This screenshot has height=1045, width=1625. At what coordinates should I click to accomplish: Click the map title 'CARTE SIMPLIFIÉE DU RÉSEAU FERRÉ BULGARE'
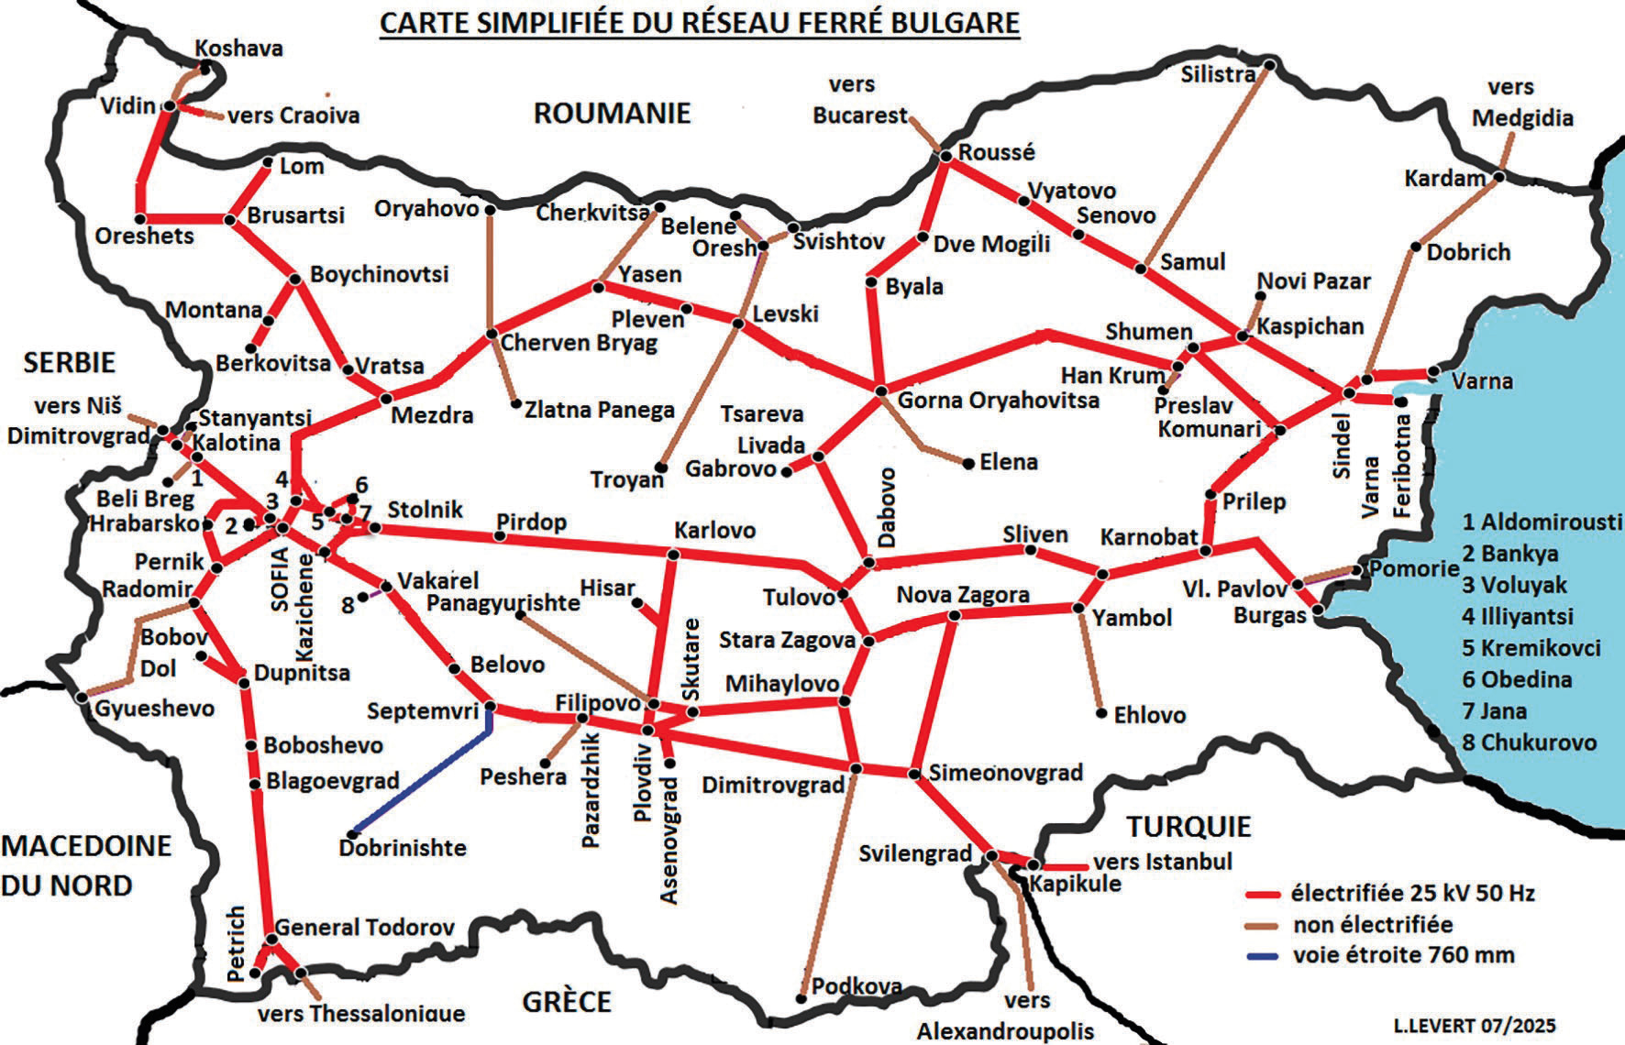699,22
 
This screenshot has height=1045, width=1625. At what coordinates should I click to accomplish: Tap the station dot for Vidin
169,106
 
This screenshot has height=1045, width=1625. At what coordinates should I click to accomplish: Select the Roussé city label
996,152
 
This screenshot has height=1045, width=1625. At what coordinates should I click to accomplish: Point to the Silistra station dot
1269,64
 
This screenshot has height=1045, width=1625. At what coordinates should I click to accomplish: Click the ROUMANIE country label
612,113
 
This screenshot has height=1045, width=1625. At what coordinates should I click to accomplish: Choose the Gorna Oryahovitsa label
998,401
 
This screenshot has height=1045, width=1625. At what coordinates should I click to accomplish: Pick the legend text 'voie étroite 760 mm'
1403,955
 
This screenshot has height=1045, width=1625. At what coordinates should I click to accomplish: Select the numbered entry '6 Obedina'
1517,679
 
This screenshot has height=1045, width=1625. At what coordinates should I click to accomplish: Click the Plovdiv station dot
647,730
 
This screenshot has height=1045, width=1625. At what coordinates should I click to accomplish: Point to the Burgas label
1269,615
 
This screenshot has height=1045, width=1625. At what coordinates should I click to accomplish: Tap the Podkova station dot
802,997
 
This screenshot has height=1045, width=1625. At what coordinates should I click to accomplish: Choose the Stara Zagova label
787,640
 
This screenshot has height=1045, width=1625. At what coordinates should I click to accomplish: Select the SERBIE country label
70,362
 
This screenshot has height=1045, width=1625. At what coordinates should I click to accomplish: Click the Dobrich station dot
1416,246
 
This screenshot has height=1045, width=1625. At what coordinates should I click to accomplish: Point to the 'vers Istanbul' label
1163,862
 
